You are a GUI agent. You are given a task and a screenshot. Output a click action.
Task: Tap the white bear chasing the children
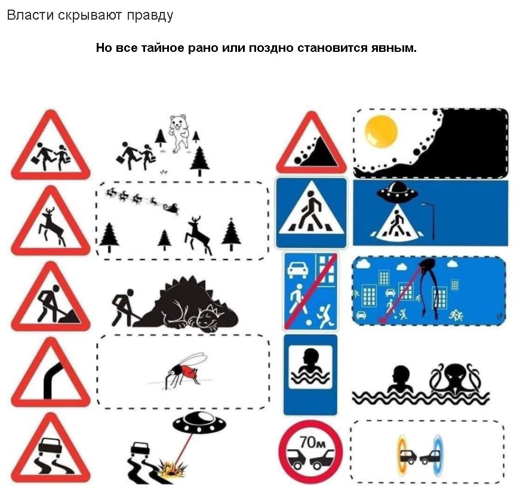click(x=178, y=133)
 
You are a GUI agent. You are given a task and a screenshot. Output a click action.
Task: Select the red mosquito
click(x=186, y=370)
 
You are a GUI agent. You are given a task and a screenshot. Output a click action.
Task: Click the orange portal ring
click(x=403, y=456)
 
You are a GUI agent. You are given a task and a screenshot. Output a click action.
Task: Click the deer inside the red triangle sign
click(x=53, y=228)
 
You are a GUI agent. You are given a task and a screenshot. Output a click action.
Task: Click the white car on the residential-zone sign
click(x=298, y=269)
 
